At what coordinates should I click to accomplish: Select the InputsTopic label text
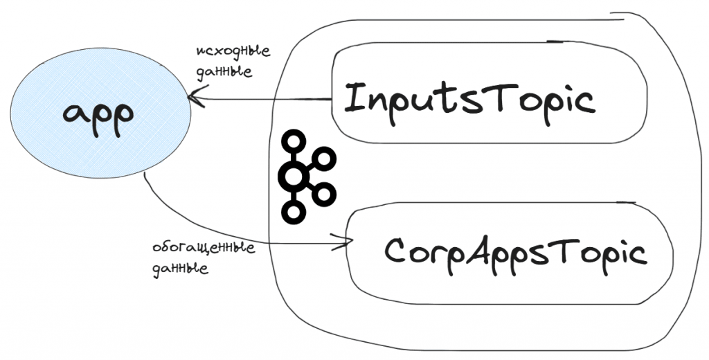point(469,99)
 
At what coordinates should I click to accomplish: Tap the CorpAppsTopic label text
point(515,252)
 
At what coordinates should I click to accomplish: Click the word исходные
point(232,52)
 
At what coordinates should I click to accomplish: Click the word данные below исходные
point(224,71)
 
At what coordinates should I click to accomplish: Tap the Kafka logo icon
point(305,177)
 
